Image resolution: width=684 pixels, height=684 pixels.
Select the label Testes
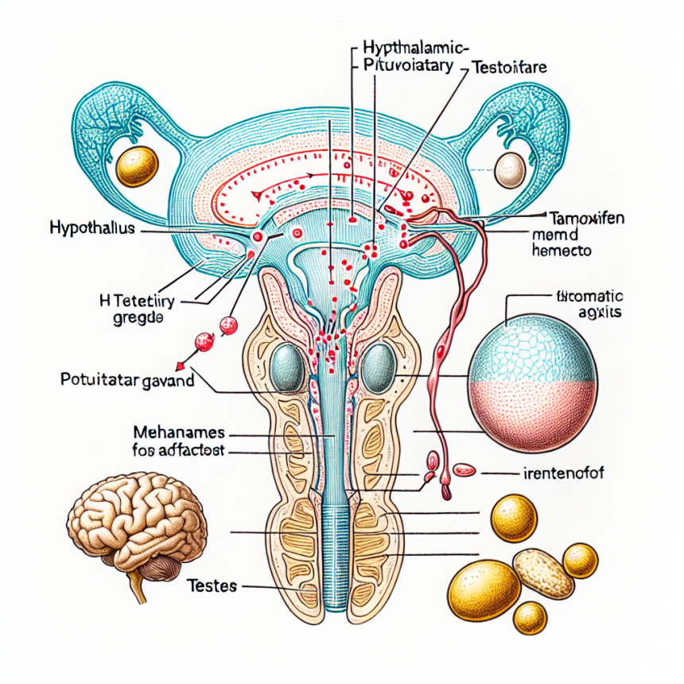(x=211, y=587)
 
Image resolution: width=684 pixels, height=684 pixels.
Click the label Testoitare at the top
(x=508, y=68)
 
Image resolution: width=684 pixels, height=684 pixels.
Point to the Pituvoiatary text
(x=406, y=67)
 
